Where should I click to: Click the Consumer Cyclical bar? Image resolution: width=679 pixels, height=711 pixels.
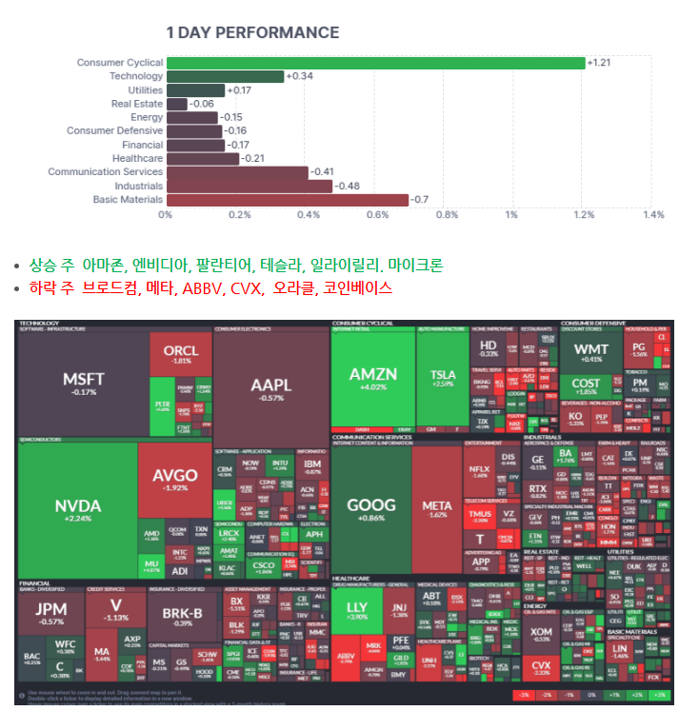[x=376, y=63]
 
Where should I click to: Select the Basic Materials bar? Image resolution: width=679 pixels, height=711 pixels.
[x=287, y=200]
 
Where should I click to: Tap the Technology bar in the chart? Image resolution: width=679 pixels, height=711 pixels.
[x=225, y=76]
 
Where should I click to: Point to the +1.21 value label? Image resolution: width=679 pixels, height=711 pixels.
[x=600, y=63]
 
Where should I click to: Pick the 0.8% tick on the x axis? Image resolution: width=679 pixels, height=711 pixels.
[x=447, y=215]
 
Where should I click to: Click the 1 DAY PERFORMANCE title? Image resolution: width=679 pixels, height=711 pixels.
[x=252, y=32]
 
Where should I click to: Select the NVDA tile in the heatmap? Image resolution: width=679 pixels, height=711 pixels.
[x=76, y=510]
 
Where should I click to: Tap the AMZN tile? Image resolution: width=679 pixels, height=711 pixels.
[x=372, y=378]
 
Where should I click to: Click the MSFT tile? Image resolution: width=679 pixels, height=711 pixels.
[x=84, y=383]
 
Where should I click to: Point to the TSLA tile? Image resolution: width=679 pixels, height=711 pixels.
[x=443, y=378]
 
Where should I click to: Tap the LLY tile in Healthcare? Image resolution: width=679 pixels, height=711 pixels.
[x=357, y=611]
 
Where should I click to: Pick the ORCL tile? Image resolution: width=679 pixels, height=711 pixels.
[x=181, y=354]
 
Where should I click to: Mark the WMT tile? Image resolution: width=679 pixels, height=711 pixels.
[x=591, y=353]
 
